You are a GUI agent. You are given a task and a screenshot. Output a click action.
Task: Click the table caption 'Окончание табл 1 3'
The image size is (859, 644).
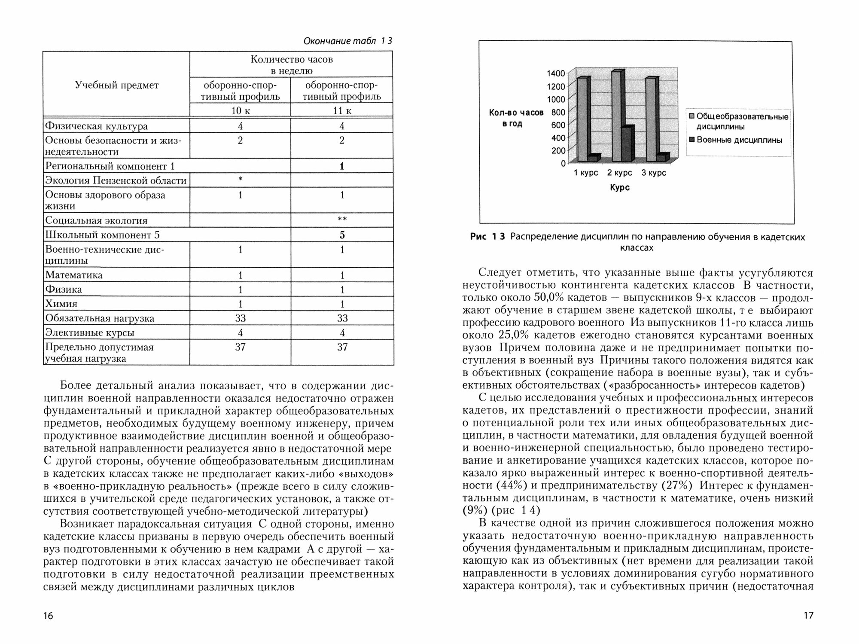347,41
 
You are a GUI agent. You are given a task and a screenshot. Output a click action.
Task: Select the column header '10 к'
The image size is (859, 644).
241,110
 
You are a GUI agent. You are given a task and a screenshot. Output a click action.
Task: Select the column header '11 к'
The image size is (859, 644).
342,110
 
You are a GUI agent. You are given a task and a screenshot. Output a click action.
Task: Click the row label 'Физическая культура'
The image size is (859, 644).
97,126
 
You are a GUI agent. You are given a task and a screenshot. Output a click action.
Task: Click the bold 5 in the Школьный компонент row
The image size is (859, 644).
342,235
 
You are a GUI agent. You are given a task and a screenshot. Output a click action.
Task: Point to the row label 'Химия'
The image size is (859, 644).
61,304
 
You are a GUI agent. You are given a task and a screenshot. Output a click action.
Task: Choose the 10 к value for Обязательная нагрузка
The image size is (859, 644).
241,318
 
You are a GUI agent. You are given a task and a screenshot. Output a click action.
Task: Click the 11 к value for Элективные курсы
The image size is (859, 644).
342,333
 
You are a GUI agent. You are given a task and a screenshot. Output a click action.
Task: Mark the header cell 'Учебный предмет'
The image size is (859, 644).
117,85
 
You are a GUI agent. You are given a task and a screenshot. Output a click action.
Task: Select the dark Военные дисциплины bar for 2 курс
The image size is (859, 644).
626,144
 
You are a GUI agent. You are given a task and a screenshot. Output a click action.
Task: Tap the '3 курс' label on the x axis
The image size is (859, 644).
653,173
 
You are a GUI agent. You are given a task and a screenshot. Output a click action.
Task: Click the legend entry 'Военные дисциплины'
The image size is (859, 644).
739,140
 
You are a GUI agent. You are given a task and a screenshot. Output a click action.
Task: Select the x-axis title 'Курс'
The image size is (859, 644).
620,188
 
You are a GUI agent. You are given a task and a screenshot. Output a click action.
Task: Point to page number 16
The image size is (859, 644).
48,616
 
